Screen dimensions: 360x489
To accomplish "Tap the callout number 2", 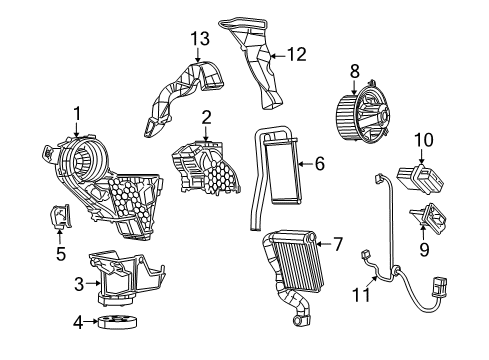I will pos(205,117).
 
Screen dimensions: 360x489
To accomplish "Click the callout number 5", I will pos(60,254).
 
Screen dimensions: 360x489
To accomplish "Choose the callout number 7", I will pos(338,243).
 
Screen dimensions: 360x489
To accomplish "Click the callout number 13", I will pos(199,39).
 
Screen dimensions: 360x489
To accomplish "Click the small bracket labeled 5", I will pos(60,217).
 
